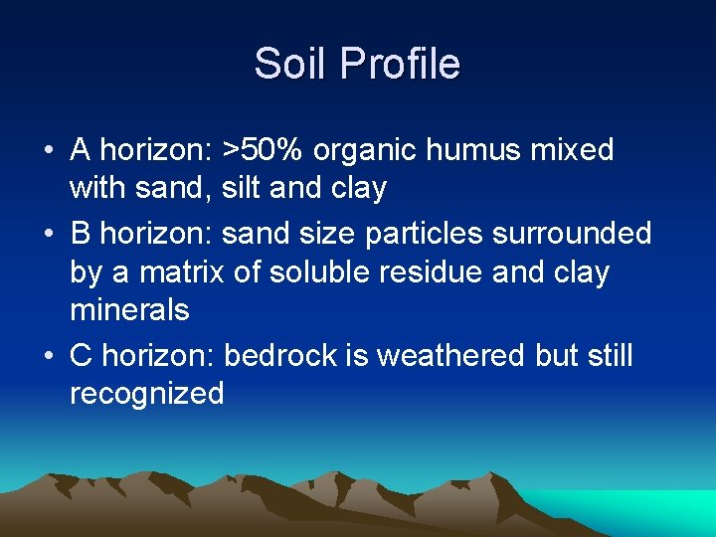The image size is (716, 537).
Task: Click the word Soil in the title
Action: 291,65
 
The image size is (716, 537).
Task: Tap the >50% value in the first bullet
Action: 264,150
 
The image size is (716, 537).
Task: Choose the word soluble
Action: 304,271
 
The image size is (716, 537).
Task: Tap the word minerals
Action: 129,310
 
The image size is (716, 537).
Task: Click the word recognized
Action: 146,394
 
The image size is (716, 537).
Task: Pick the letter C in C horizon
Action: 82,355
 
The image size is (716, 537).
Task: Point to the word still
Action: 608,355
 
